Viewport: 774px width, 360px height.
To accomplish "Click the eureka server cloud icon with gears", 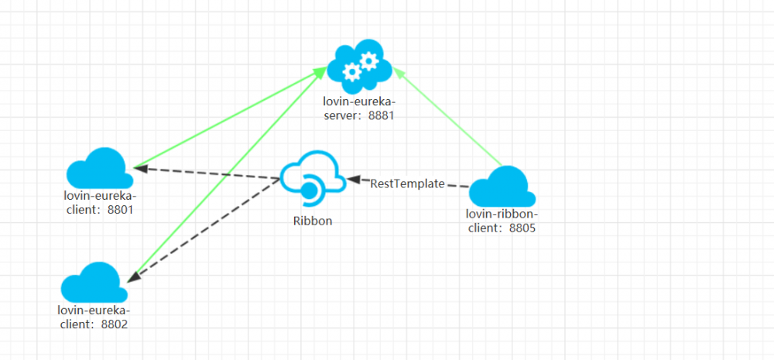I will click(x=359, y=66).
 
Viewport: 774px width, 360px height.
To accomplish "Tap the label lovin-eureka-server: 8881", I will click(x=359, y=108).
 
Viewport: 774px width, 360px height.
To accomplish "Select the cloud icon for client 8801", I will click(x=97, y=168).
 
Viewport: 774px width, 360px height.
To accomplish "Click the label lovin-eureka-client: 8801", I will click(x=100, y=201).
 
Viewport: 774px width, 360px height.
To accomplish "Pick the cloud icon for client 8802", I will click(x=94, y=283).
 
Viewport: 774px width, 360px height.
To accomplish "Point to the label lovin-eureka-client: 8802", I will click(x=93, y=317).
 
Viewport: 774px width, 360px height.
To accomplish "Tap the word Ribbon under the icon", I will click(x=313, y=221).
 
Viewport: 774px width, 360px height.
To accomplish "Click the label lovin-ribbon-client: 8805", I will click(x=502, y=221).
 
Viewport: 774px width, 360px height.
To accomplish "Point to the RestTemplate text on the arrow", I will click(x=407, y=184).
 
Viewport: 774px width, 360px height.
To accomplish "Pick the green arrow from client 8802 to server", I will click(x=224, y=178).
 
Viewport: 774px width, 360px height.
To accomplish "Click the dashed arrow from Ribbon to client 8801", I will click(x=209, y=173).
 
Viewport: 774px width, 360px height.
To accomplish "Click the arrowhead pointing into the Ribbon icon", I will click(x=354, y=180).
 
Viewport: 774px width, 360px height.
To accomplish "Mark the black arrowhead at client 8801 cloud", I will click(x=141, y=167).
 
